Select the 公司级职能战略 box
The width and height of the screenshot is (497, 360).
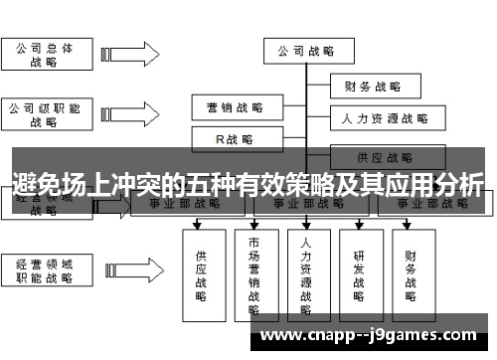[x=44, y=114]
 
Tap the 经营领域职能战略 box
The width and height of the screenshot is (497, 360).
[x=44, y=270]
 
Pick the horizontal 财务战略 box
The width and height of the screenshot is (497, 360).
[x=372, y=87]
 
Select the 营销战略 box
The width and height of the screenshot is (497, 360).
[x=235, y=106]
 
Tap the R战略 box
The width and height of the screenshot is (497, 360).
[x=235, y=139]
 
